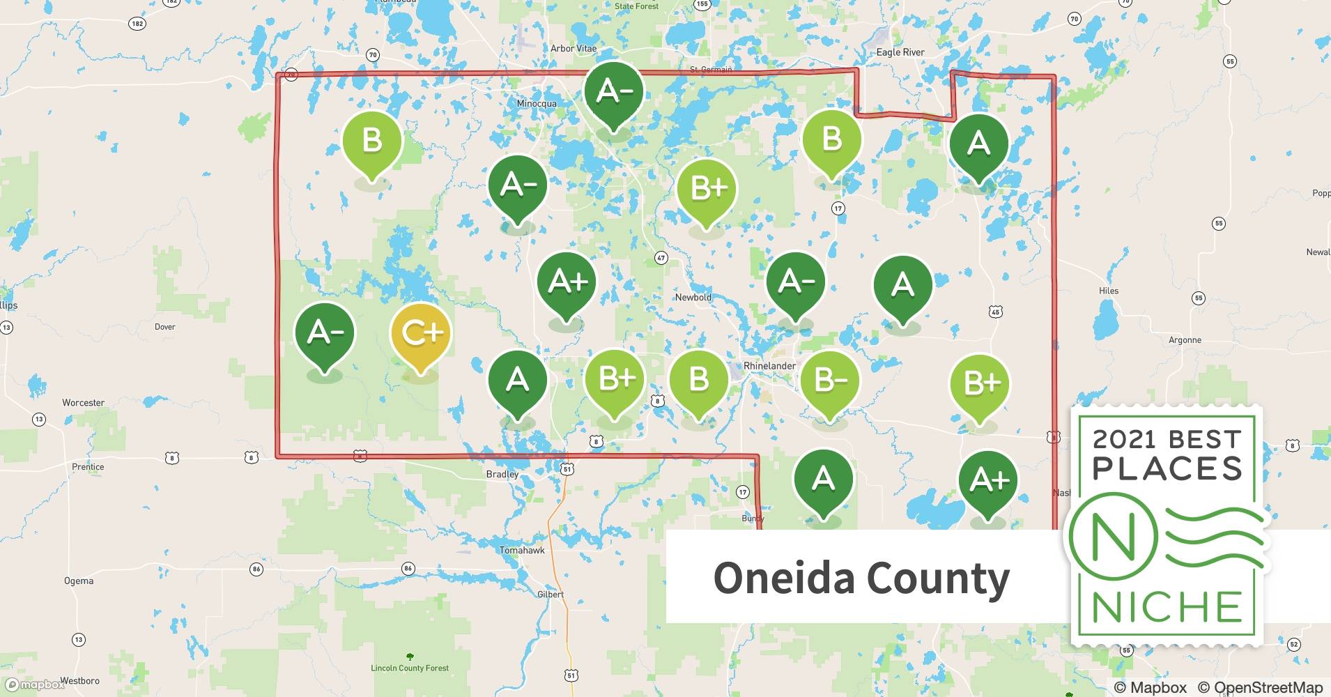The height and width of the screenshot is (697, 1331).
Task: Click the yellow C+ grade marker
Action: click(x=420, y=335)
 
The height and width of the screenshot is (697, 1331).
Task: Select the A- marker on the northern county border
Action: click(x=613, y=92)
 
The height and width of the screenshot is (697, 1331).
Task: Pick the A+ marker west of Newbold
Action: click(x=567, y=282)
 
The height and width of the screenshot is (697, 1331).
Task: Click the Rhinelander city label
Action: click(x=769, y=366)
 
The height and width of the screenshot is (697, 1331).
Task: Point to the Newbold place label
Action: click(x=693, y=298)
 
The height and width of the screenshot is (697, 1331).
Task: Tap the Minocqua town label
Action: click(x=537, y=104)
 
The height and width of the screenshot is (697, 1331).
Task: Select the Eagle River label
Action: click(x=900, y=52)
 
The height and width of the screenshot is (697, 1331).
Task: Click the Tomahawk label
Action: click(x=522, y=551)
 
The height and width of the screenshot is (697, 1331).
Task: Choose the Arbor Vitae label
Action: click(x=574, y=49)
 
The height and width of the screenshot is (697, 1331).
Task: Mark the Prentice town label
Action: click(x=88, y=467)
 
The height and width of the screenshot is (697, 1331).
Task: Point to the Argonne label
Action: click(x=1185, y=340)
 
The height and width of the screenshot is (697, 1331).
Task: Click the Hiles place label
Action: click(x=1108, y=291)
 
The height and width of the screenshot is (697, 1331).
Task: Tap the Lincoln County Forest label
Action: click(x=410, y=668)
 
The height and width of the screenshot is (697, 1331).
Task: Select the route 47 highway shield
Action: click(x=661, y=258)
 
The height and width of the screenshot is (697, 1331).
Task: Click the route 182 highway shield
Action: click(x=137, y=24)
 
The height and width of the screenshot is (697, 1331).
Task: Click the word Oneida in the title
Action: click(x=783, y=579)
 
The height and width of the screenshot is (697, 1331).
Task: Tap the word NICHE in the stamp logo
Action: click(x=1167, y=607)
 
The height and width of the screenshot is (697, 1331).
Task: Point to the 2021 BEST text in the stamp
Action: click(x=1167, y=439)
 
